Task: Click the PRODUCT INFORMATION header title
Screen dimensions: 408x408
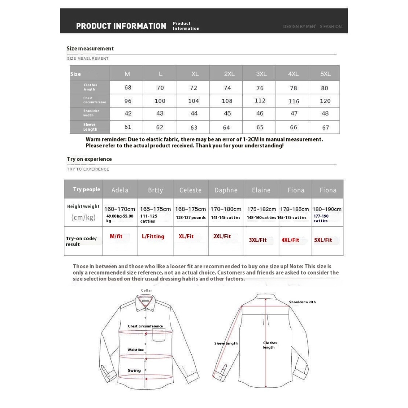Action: tap(121, 26)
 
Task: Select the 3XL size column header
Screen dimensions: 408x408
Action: tap(261, 74)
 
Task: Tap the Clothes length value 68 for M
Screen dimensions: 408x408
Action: tap(127, 87)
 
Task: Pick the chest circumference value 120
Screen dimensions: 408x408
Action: tap(325, 101)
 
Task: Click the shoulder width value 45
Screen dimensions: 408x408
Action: tap(227, 114)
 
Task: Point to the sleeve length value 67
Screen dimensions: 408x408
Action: tap(326, 127)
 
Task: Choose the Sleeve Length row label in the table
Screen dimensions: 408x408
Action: tap(90, 127)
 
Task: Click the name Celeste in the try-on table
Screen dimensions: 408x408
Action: tap(190, 190)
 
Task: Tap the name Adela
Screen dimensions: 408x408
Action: tap(120, 190)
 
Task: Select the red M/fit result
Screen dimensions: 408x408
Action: tap(116, 236)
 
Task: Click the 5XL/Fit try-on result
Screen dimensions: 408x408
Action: tap(323, 240)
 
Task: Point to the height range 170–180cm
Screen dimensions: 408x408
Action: tap(226, 209)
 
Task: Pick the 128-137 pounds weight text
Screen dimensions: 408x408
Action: tap(191, 218)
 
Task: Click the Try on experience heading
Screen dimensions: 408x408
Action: tap(89, 159)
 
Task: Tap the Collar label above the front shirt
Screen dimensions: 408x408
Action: tap(146, 290)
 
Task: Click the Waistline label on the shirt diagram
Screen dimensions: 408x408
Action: tap(135, 350)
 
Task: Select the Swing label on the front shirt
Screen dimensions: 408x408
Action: tap(134, 371)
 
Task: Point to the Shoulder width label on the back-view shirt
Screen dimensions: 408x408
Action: tap(302, 302)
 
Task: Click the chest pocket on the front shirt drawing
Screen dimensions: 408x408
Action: tap(158, 335)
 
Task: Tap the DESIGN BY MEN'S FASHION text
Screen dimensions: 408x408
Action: tap(312, 27)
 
